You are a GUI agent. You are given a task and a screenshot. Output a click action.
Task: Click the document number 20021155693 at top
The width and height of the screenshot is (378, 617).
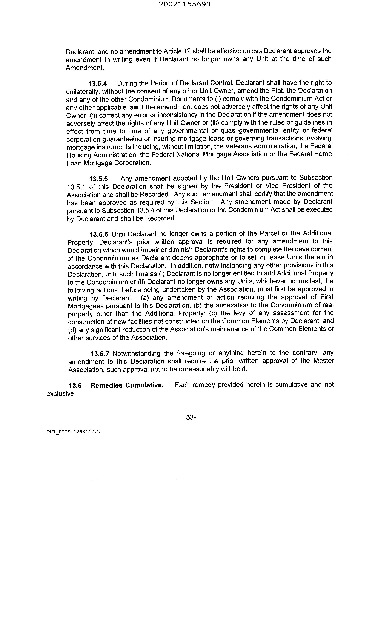[185, 4]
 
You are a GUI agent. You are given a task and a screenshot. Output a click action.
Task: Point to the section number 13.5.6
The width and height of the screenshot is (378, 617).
[99, 234]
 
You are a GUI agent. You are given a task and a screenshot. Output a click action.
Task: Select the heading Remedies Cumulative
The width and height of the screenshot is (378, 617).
[127, 385]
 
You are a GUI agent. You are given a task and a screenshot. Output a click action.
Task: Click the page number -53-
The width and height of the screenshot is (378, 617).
[190, 417]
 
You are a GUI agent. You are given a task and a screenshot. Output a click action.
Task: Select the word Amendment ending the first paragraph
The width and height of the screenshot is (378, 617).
[84, 68]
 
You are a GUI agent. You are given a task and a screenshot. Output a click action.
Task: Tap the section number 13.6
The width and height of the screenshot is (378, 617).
[75, 385]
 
